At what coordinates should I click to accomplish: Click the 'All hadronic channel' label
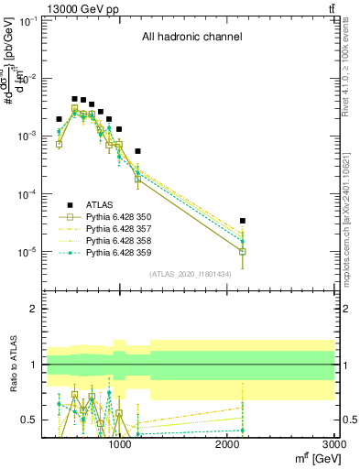point(191,38)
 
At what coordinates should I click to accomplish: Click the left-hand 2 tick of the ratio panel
point(33,309)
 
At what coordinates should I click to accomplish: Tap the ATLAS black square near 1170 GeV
point(137,151)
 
